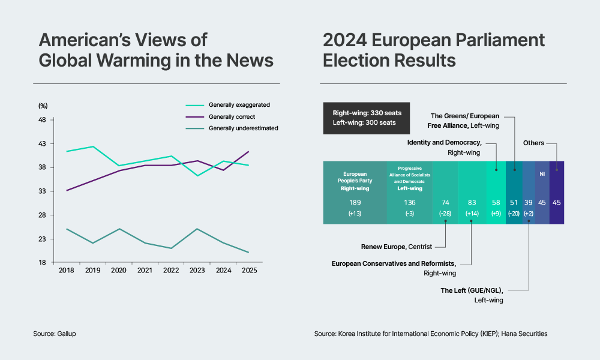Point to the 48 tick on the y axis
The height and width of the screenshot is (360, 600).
[42, 120]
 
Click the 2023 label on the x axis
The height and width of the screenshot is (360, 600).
[197, 271]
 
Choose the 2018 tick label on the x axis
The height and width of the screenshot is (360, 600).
[66, 271]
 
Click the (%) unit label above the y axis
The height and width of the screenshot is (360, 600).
[43, 106]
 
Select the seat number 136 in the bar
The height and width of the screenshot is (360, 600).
[410, 203]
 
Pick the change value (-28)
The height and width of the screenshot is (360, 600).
[445, 214]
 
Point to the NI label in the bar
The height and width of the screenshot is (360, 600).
[542, 174]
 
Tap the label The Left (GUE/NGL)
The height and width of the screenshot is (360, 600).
[472, 290]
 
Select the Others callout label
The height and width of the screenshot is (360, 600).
[533, 143]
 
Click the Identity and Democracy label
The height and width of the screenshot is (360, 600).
[444, 143]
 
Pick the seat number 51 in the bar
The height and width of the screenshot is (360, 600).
[514, 203]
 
